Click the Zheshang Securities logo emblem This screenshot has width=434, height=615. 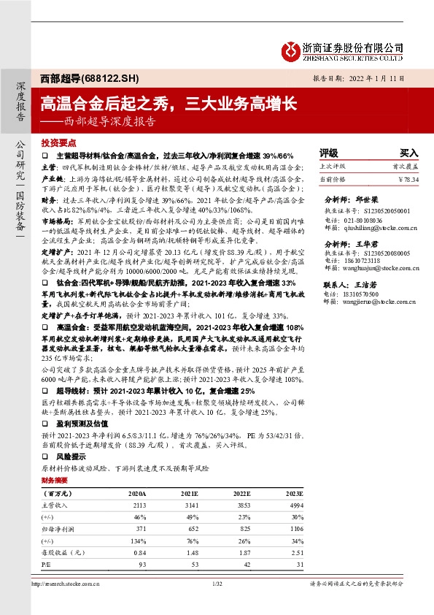(x=292, y=48)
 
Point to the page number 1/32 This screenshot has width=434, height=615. (x=217, y=583)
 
